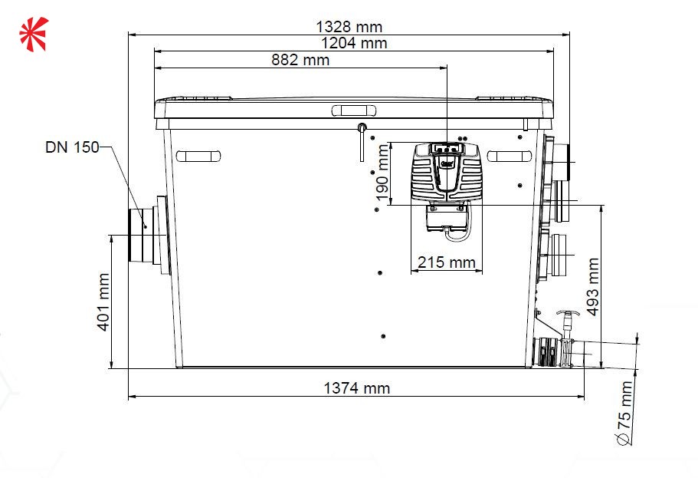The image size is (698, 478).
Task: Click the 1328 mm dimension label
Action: point(349,27)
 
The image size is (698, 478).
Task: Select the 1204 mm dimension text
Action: point(354,43)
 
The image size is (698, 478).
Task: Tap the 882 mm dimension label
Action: point(300,60)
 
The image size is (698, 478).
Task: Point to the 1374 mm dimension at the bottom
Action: point(356,388)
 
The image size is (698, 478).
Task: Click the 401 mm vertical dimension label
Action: point(103,302)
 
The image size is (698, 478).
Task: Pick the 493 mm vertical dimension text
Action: point(593,287)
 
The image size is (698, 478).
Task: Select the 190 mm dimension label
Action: point(382,173)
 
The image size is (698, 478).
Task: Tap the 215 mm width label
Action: point(447,262)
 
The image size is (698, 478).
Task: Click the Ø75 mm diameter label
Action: point(625,413)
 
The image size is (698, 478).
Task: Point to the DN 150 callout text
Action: point(72,147)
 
